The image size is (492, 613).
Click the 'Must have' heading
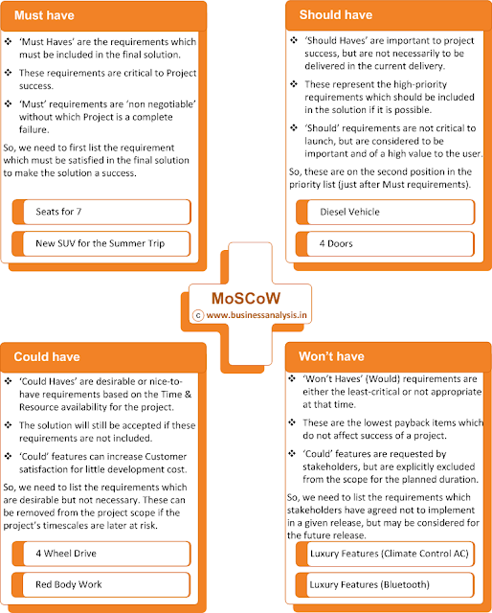pyautogui.click(x=41, y=14)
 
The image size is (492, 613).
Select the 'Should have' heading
pyautogui.click(x=337, y=14)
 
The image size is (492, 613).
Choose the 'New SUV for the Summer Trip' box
pyautogui.click(x=104, y=243)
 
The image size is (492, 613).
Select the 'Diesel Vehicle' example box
pyautogui.click(x=387, y=213)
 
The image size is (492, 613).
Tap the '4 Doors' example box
pyautogui.click(x=387, y=243)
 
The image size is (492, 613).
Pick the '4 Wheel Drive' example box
pyautogui.click(x=104, y=554)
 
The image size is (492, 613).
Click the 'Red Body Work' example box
pyautogui.click(x=104, y=583)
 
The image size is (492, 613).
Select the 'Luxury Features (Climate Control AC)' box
pyautogui.click(x=387, y=554)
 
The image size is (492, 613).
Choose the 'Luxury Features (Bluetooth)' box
pyautogui.click(x=387, y=583)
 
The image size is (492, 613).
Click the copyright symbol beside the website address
pyautogui.click(x=198, y=311)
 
